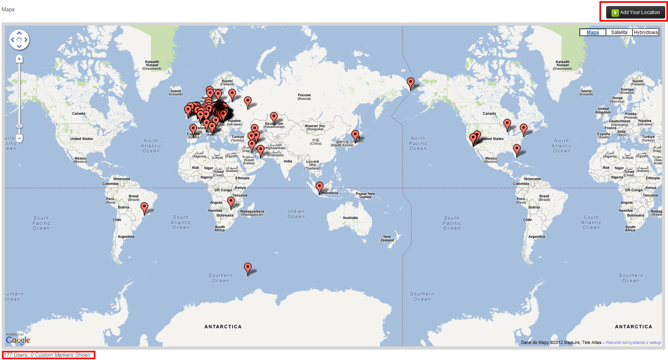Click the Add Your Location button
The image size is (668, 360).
(636, 12)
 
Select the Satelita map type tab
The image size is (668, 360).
(619, 32)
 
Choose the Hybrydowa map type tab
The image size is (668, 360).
(646, 32)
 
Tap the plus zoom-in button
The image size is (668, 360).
(19, 59)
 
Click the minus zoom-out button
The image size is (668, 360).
(19, 139)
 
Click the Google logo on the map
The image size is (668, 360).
(18, 340)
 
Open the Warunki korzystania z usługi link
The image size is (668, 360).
(633, 342)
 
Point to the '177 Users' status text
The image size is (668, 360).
(47, 355)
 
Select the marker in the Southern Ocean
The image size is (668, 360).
(248, 268)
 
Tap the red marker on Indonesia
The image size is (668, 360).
(320, 187)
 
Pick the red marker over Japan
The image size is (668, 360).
(355, 136)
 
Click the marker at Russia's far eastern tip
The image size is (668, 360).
(410, 83)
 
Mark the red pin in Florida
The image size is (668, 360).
(517, 150)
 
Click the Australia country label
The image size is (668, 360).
(350, 218)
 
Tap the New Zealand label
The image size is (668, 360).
(387, 239)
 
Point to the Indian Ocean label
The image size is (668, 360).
(296, 214)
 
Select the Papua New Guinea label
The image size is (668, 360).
(365, 195)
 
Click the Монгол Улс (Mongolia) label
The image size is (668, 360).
(315, 127)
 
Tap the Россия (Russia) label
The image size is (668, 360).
(304, 97)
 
